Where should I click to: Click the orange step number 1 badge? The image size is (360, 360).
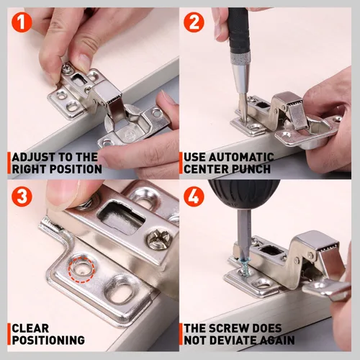[22, 22]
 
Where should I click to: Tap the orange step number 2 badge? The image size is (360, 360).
[194, 22]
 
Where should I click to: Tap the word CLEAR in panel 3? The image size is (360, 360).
[30, 328]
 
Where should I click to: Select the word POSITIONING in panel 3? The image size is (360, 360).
[48, 340]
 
